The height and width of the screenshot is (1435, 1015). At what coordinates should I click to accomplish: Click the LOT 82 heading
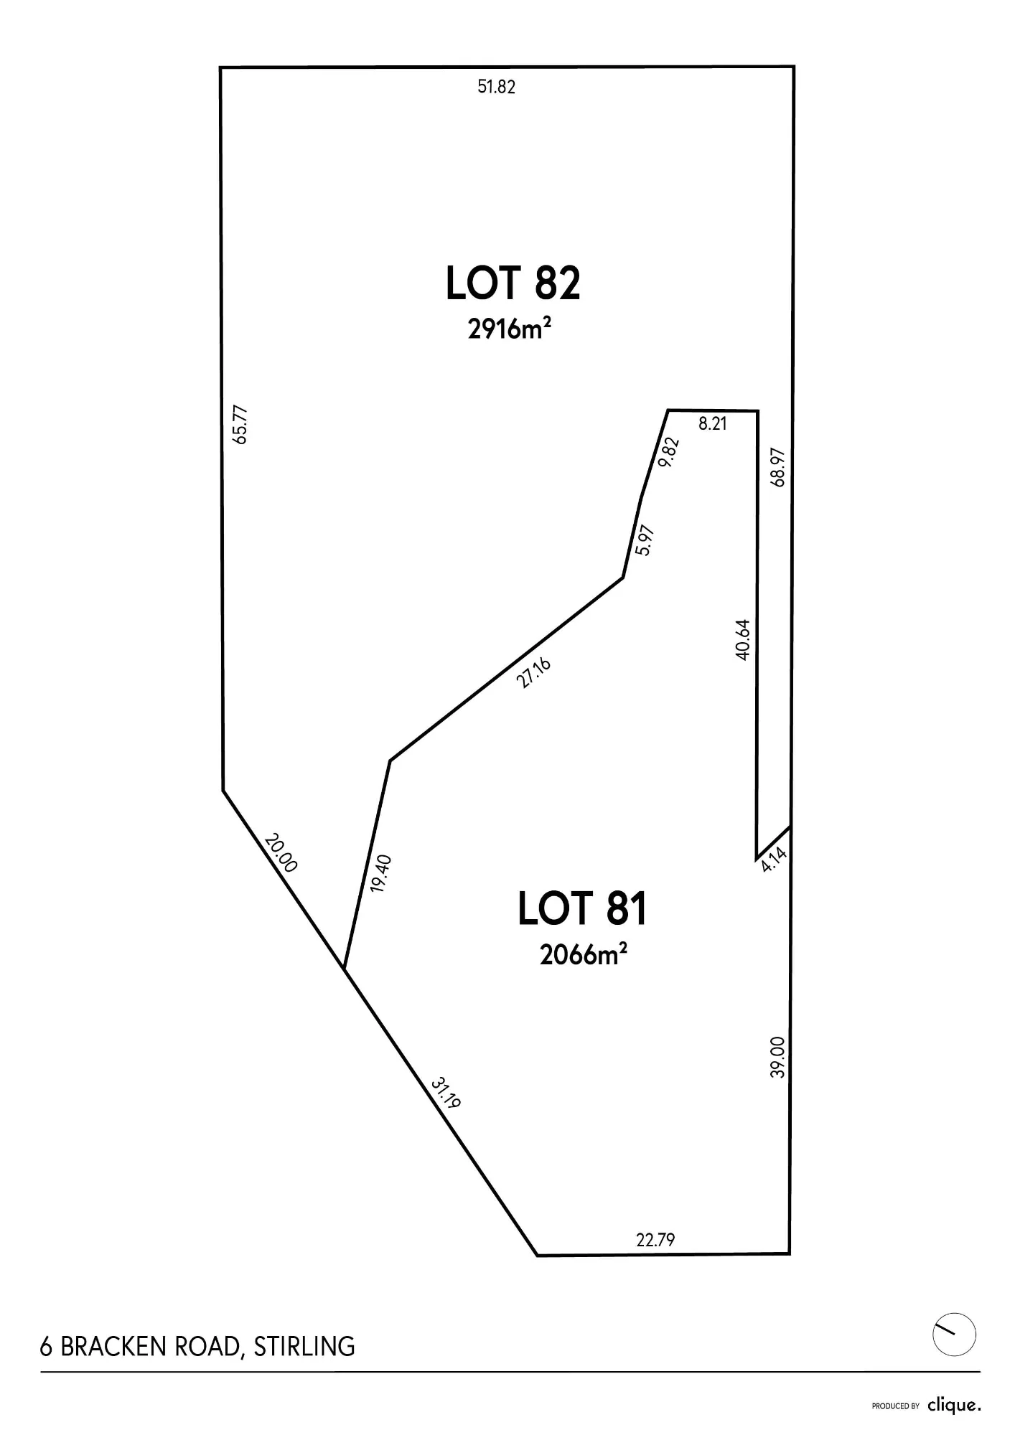point(513,283)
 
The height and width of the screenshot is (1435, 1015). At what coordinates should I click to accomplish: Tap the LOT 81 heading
point(582,908)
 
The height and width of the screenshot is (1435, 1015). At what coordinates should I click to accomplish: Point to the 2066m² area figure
point(584,954)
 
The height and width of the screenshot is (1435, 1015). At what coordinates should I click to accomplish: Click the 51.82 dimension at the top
point(497,87)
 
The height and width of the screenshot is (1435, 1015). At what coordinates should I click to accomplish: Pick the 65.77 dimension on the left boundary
point(240,425)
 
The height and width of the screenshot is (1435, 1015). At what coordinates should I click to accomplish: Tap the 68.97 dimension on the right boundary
point(778,467)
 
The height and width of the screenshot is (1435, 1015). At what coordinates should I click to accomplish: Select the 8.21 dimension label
point(713,423)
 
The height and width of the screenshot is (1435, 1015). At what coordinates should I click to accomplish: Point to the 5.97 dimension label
point(645,540)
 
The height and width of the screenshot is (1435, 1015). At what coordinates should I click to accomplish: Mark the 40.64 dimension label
point(743,639)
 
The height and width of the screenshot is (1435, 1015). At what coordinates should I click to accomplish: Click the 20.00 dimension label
point(281,852)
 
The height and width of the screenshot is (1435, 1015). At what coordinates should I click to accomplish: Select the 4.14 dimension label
point(775,859)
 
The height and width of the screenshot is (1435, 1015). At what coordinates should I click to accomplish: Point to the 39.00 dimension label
point(778,1057)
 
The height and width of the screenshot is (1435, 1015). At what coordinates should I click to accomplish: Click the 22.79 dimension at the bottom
point(655,1239)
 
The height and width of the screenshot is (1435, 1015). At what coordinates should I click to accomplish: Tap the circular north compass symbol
point(954,1335)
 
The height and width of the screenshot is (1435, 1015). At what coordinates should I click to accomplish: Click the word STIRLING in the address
point(304,1347)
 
